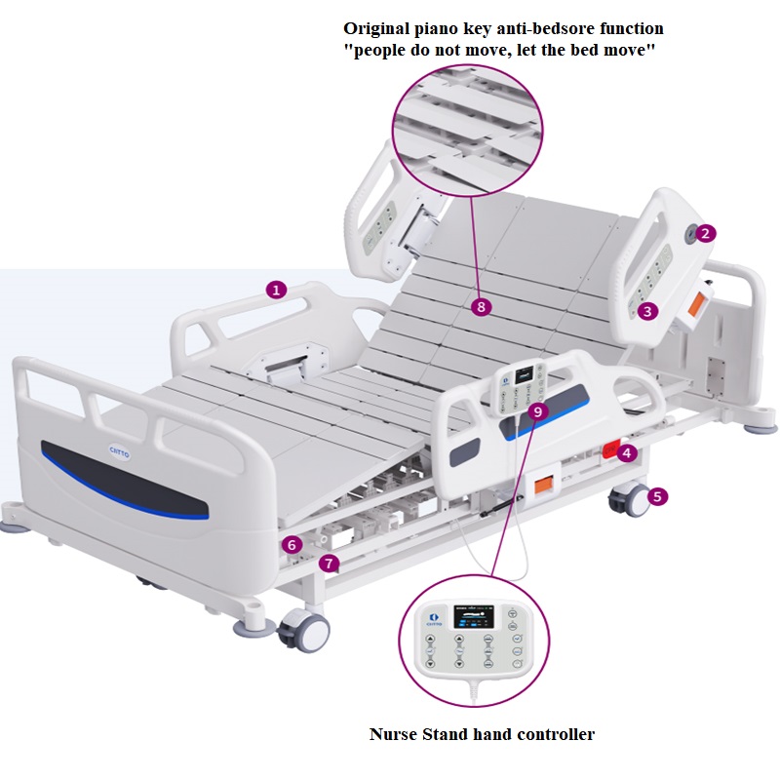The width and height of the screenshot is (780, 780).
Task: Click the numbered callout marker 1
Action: pos(277,290)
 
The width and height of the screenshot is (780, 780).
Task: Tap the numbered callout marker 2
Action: pos(706,233)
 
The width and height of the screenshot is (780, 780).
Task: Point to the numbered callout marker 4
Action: pos(628,452)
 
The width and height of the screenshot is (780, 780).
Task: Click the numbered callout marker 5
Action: pos(658,496)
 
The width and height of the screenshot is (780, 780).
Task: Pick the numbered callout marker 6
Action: pos(292,544)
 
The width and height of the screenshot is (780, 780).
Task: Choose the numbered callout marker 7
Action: pos(330,563)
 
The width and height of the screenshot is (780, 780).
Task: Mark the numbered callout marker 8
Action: pos(480,306)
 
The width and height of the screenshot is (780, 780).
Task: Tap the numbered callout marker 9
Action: pos(539,411)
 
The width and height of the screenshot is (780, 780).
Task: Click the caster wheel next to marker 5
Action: pos(626,500)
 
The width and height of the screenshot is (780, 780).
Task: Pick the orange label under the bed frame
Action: pos(542,485)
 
